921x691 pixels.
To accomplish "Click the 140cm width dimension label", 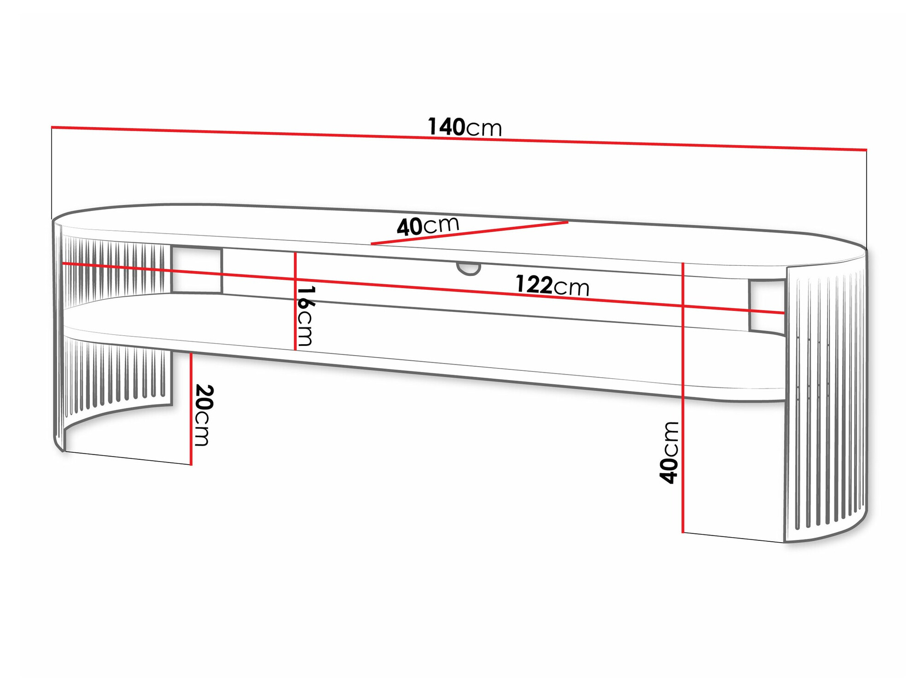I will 464,127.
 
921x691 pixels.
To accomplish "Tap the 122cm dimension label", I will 552,286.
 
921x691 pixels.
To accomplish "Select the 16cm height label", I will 305,316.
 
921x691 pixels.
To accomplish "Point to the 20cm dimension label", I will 203,415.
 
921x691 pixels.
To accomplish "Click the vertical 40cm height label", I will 669,452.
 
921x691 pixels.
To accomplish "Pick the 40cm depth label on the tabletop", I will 428,226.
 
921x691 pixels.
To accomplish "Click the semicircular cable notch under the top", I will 469,268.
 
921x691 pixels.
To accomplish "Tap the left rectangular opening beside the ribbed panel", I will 197,269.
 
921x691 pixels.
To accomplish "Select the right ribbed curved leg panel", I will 824,401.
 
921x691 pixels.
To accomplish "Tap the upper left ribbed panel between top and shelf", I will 115,272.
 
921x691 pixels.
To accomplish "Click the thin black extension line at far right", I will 866,198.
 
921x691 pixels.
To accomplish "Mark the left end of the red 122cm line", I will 64,264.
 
